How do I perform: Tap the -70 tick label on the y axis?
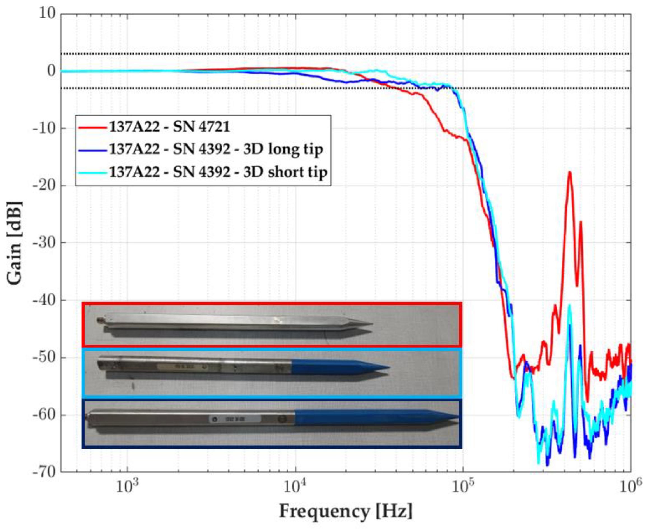[x=44, y=472]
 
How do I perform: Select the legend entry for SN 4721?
[x=169, y=127]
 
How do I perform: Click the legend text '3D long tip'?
[x=283, y=149]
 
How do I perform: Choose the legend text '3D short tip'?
[x=285, y=172]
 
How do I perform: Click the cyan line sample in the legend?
[x=92, y=172]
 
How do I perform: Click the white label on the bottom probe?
[x=235, y=419]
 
